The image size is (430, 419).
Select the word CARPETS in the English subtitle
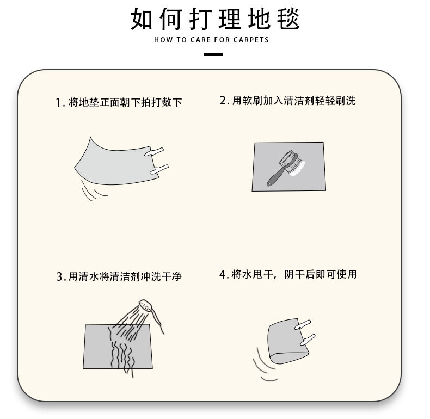251,40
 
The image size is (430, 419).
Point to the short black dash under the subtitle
213,54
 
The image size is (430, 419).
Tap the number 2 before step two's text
223,101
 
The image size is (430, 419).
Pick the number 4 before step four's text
223,274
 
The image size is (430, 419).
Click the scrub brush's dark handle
273,177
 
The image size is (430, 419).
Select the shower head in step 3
145,306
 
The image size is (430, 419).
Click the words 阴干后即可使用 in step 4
322,274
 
